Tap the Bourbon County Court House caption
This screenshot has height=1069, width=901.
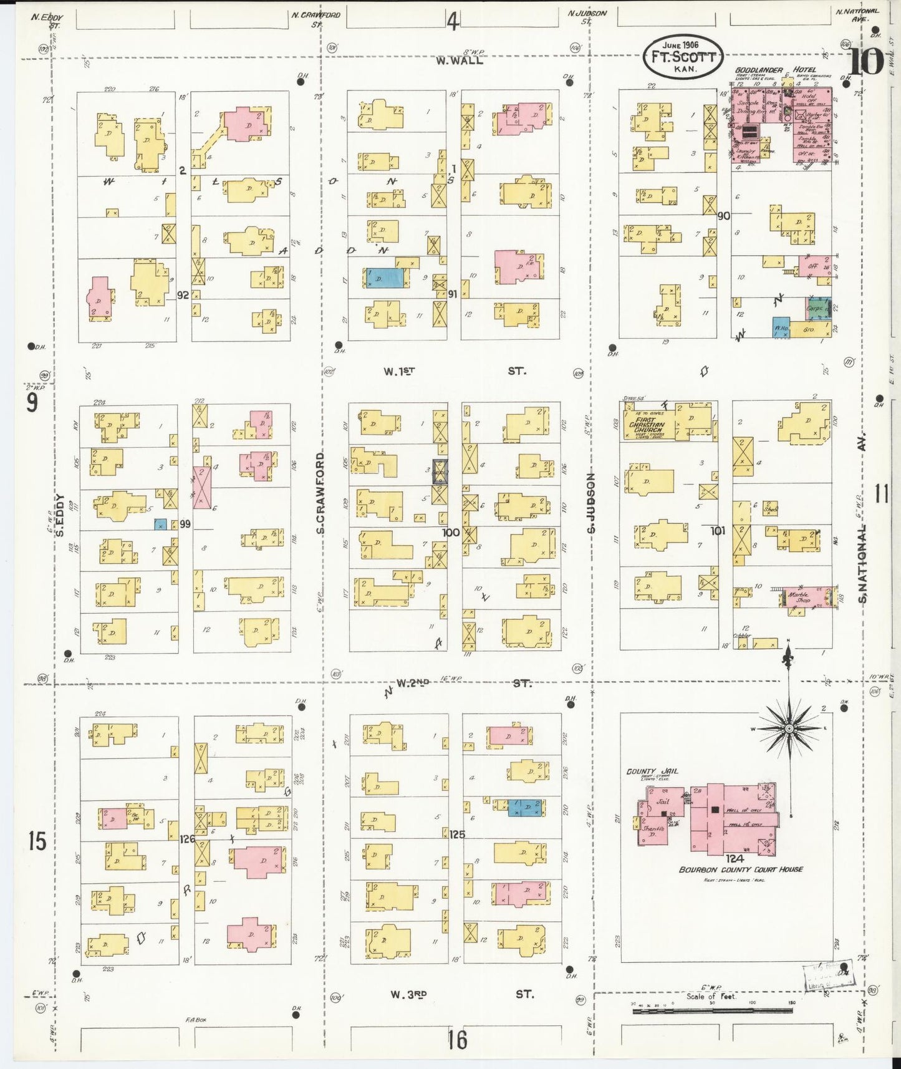tap(741, 869)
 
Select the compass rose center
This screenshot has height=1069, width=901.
tap(789, 728)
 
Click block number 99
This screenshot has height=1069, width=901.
tap(185, 524)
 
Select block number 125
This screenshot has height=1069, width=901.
tap(456, 833)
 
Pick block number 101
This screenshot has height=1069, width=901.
tap(718, 531)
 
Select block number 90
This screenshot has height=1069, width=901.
tap(723, 216)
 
